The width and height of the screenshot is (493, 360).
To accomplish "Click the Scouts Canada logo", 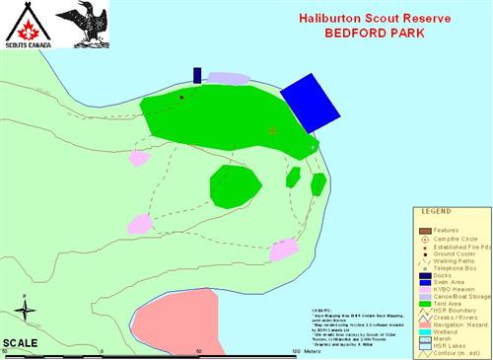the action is coord(24,26).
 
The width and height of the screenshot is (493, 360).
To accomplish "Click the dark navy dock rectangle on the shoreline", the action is coord(197,75).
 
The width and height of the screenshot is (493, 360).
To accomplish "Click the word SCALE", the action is coord(20,342).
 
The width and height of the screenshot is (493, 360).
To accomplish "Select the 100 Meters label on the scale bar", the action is coord(309,351).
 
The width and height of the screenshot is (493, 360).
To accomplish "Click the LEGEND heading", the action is coord(436,212).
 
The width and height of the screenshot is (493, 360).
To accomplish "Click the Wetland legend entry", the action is coord(446,332).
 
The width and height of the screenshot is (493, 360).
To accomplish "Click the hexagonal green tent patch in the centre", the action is coord(235,185).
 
